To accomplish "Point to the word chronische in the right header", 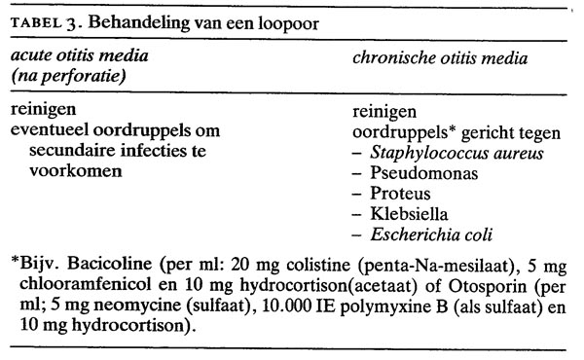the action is point(390,58).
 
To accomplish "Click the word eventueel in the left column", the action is point(47,130).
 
